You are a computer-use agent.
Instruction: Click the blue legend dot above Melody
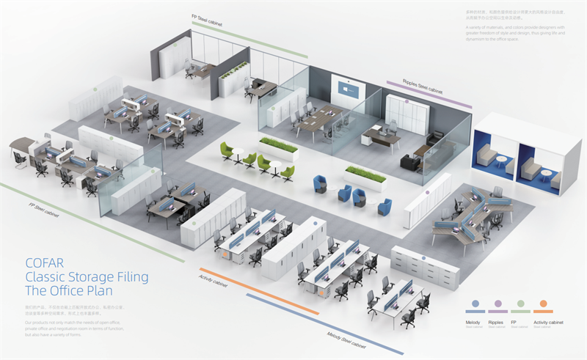(x=475, y=303)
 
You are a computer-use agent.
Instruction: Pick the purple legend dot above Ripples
(x=497, y=303)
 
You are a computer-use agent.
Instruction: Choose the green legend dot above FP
(x=519, y=303)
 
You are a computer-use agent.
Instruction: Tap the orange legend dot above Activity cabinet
(x=542, y=303)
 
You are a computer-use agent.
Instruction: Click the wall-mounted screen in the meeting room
(x=349, y=88)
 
